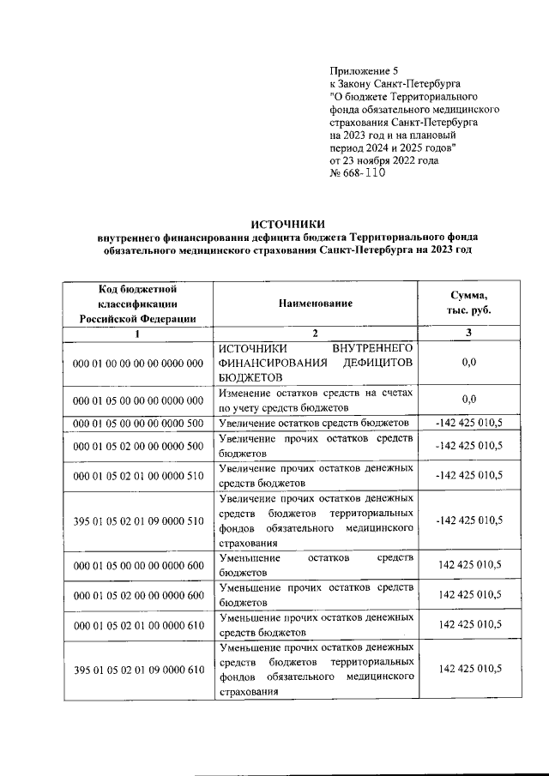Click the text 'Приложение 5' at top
[x=365, y=71]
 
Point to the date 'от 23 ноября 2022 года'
[x=384, y=160]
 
